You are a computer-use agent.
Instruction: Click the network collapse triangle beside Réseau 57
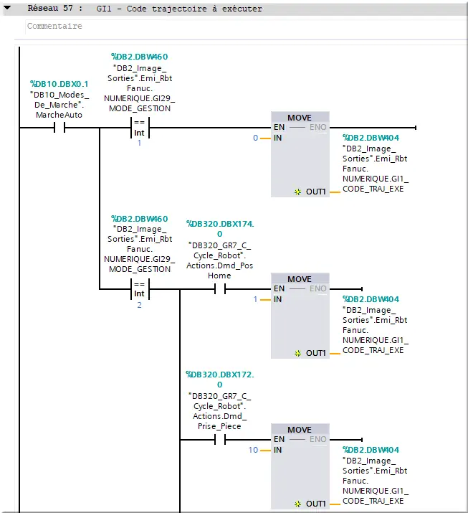tap(7, 8)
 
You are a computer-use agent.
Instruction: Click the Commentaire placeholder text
tap(54, 26)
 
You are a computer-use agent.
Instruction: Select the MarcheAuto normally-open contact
tap(59, 127)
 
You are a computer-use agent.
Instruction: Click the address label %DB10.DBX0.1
tap(59, 84)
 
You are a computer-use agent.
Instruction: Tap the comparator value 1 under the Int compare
tap(139, 143)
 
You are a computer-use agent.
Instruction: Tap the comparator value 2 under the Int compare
tap(139, 305)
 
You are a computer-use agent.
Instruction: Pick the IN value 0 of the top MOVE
tap(256, 138)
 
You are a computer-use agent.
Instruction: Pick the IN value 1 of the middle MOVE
tap(255, 299)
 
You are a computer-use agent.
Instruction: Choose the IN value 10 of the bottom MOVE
tap(253, 450)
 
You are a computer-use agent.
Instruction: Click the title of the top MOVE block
tap(300, 118)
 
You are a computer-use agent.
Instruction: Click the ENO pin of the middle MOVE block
tap(318, 288)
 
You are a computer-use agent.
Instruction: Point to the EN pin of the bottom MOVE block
tap(279, 439)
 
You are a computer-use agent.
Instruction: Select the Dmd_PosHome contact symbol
tap(220, 289)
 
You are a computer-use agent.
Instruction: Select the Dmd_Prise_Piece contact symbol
tap(220, 440)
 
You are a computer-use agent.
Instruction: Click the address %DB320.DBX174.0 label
tap(220, 229)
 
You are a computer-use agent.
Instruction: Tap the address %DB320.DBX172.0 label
tap(220, 379)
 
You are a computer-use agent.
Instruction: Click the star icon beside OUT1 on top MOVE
tap(297, 192)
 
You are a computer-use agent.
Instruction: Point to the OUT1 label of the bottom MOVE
tap(316, 504)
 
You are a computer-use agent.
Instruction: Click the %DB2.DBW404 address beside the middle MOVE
tap(371, 299)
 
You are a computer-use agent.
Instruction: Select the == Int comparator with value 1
tap(140, 127)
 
